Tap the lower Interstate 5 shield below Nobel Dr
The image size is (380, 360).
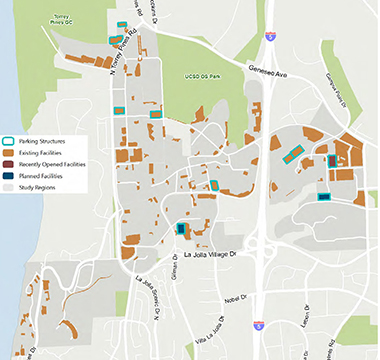[259, 325]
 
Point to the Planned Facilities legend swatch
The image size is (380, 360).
[9, 175]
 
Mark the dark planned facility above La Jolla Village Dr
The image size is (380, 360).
[182, 229]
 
